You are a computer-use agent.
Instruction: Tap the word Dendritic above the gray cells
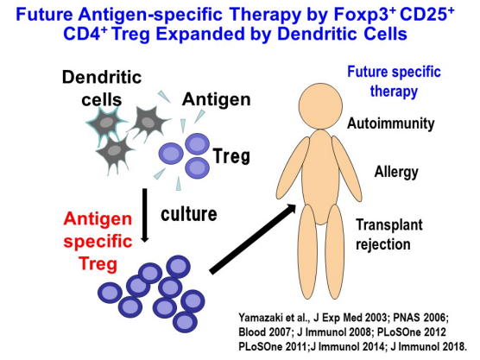pos(102,77)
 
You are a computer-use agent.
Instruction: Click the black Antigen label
pos(216,99)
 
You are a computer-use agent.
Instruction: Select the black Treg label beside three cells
pos(231,155)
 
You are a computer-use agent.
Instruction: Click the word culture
pos(189,214)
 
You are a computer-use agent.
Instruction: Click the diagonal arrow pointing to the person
pos(253,239)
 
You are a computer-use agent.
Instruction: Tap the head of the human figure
pos(320,106)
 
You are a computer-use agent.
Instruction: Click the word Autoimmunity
pos(390,123)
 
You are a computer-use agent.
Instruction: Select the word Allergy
pos(396,172)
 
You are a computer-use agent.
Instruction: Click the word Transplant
pos(389,224)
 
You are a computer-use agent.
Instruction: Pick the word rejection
pos(383,244)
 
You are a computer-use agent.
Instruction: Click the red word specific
pos(98,242)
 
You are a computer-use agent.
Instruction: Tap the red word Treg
pos(98,264)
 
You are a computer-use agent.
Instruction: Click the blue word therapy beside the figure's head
pos(394,92)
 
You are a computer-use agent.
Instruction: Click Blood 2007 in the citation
pos(264,332)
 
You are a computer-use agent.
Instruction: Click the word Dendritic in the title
pos(318,34)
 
